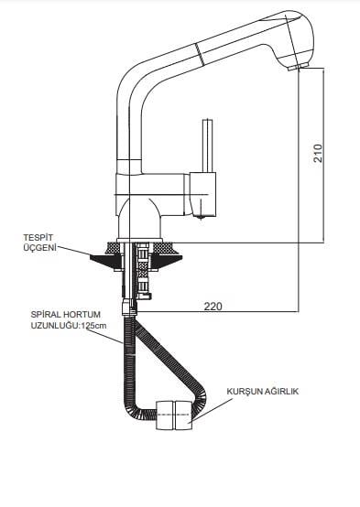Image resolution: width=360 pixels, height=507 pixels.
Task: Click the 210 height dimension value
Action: point(319,153)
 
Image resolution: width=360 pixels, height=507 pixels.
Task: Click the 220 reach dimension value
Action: point(213,306)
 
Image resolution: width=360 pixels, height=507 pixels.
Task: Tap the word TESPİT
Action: point(38,238)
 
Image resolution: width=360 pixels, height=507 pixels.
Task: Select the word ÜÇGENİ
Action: point(39,248)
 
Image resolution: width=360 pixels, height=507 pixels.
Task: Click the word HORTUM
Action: point(82,315)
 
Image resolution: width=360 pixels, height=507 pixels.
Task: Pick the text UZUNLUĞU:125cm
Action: point(69,325)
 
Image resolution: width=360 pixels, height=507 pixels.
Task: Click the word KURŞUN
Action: point(244,392)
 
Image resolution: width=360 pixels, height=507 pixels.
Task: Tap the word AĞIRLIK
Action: point(281,392)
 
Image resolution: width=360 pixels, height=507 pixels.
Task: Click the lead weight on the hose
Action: point(174,415)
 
